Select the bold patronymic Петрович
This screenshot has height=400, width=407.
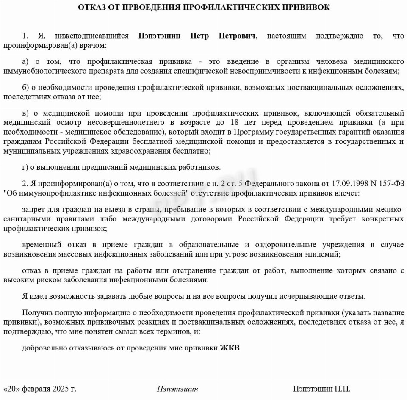[x=238, y=36]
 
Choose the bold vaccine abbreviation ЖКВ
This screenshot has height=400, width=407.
[x=230, y=349]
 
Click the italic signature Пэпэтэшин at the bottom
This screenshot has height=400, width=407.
[x=177, y=389]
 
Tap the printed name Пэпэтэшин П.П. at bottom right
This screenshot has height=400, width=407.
[x=322, y=389]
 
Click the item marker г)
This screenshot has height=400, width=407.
[x=25, y=167]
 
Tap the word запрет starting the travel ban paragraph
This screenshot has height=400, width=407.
[x=32, y=209]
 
